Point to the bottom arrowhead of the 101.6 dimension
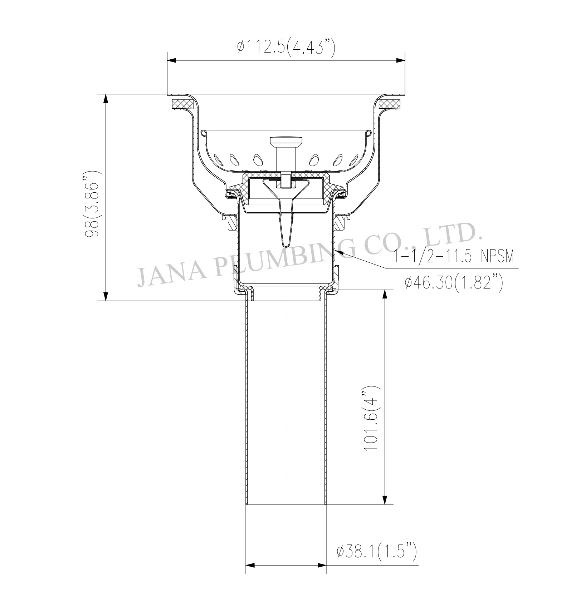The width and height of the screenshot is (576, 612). click(x=385, y=499)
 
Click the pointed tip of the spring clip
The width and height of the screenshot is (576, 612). click(x=286, y=246)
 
